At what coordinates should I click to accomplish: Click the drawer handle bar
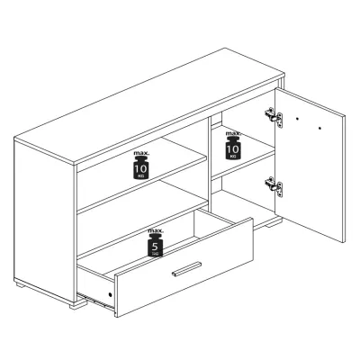186,268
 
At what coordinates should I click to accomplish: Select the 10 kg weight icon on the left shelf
141,167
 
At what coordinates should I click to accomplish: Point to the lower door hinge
274,186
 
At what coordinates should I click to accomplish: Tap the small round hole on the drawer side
110,294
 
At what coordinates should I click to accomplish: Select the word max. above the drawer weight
156,231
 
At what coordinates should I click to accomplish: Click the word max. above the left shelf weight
141,153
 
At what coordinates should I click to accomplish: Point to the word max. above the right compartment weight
233,133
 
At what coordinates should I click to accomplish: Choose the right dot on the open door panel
319,129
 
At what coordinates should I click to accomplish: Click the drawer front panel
184,267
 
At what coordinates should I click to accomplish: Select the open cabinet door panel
310,165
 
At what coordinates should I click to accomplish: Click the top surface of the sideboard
149,106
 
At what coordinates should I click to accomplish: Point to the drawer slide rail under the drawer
95,301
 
